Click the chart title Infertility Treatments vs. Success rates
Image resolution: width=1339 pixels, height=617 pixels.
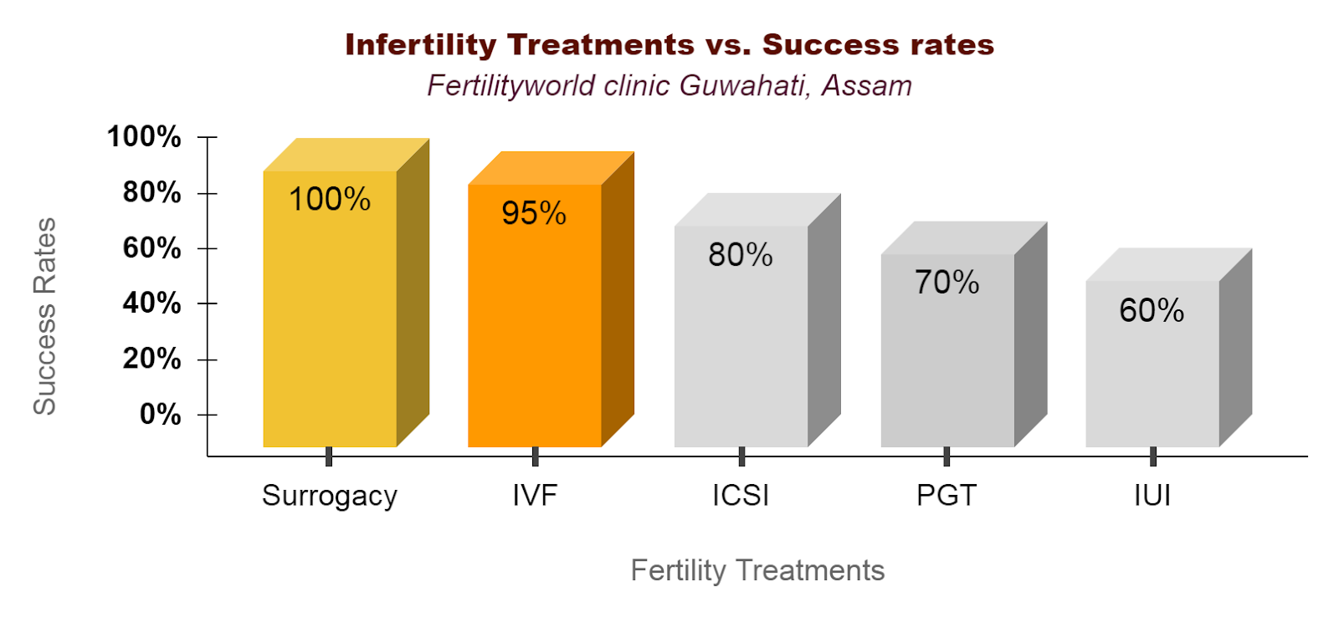pyautogui.click(x=669, y=44)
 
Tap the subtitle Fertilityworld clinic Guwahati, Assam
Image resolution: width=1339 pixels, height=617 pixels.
pyautogui.click(x=669, y=85)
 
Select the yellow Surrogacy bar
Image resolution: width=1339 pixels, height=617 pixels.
pyautogui.click(x=330, y=334)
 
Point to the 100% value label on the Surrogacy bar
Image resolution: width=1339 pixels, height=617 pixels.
pyautogui.click(x=330, y=199)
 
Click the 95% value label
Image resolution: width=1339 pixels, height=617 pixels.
pyautogui.click(x=534, y=213)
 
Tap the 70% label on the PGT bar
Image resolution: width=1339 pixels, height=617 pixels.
pyautogui.click(x=947, y=283)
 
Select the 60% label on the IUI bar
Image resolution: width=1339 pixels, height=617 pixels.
pyautogui.click(x=1152, y=311)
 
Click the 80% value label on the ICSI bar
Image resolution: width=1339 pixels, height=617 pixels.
pyautogui.click(x=741, y=255)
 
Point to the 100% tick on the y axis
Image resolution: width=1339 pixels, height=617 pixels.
pyautogui.click(x=144, y=136)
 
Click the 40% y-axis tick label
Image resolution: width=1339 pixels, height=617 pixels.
pyautogui.click(x=151, y=303)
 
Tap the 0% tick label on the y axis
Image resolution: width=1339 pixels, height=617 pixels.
pyautogui.click(x=160, y=414)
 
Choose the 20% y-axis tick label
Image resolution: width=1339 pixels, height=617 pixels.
pyautogui.click(x=151, y=359)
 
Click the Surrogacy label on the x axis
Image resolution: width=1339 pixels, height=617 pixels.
pyautogui.click(x=330, y=496)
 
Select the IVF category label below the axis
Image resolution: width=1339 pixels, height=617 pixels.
pyautogui.click(x=535, y=495)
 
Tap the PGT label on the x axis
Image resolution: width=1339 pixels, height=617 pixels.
pyautogui.click(x=947, y=495)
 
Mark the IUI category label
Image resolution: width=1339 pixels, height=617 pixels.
pyautogui.click(x=1152, y=495)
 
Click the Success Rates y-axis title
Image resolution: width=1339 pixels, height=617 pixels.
pyautogui.click(x=44, y=316)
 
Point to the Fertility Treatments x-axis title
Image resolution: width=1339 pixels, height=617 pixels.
pyautogui.click(x=757, y=570)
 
